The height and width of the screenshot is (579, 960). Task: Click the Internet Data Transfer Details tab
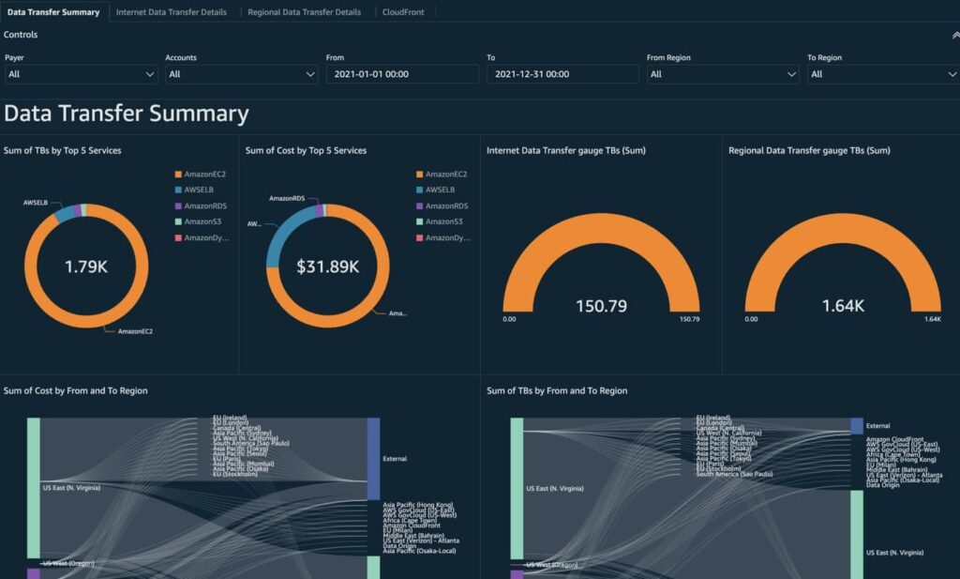pyautogui.click(x=171, y=12)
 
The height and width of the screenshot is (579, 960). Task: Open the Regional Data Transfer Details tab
pyautogui.click(x=304, y=12)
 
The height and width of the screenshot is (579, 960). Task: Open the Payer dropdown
pyautogui.click(x=81, y=74)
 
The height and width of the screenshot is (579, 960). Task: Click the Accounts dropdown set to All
pyautogui.click(x=242, y=74)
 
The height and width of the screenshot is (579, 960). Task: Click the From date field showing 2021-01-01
pyautogui.click(x=402, y=74)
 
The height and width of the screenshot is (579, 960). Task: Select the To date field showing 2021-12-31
pyautogui.click(x=562, y=74)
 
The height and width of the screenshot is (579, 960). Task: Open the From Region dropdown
pyautogui.click(x=723, y=74)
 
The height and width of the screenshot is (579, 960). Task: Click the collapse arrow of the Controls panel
pyautogui.click(x=953, y=35)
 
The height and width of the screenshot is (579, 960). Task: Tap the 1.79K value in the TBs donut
pyautogui.click(x=86, y=267)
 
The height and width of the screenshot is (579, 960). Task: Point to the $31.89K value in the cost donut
pyautogui.click(x=328, y=267)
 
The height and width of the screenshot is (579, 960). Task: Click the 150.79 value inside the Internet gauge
pyautogui.click(x=601, y=306)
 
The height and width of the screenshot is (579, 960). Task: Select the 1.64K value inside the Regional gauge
pyautogui.click(x=843, y=306)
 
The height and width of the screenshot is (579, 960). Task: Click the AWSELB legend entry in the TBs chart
pyautogui.click(x=198, y=190)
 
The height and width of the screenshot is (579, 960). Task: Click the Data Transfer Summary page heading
pyautogui.click(x=127, y=114)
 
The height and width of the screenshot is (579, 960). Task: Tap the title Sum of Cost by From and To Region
pyautogui.click(x=76, y=390)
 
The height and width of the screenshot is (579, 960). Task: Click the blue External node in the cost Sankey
pyautogui.click(x=373, y=459)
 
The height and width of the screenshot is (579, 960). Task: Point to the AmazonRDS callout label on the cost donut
pyautogui.click(x=288, y=198)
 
